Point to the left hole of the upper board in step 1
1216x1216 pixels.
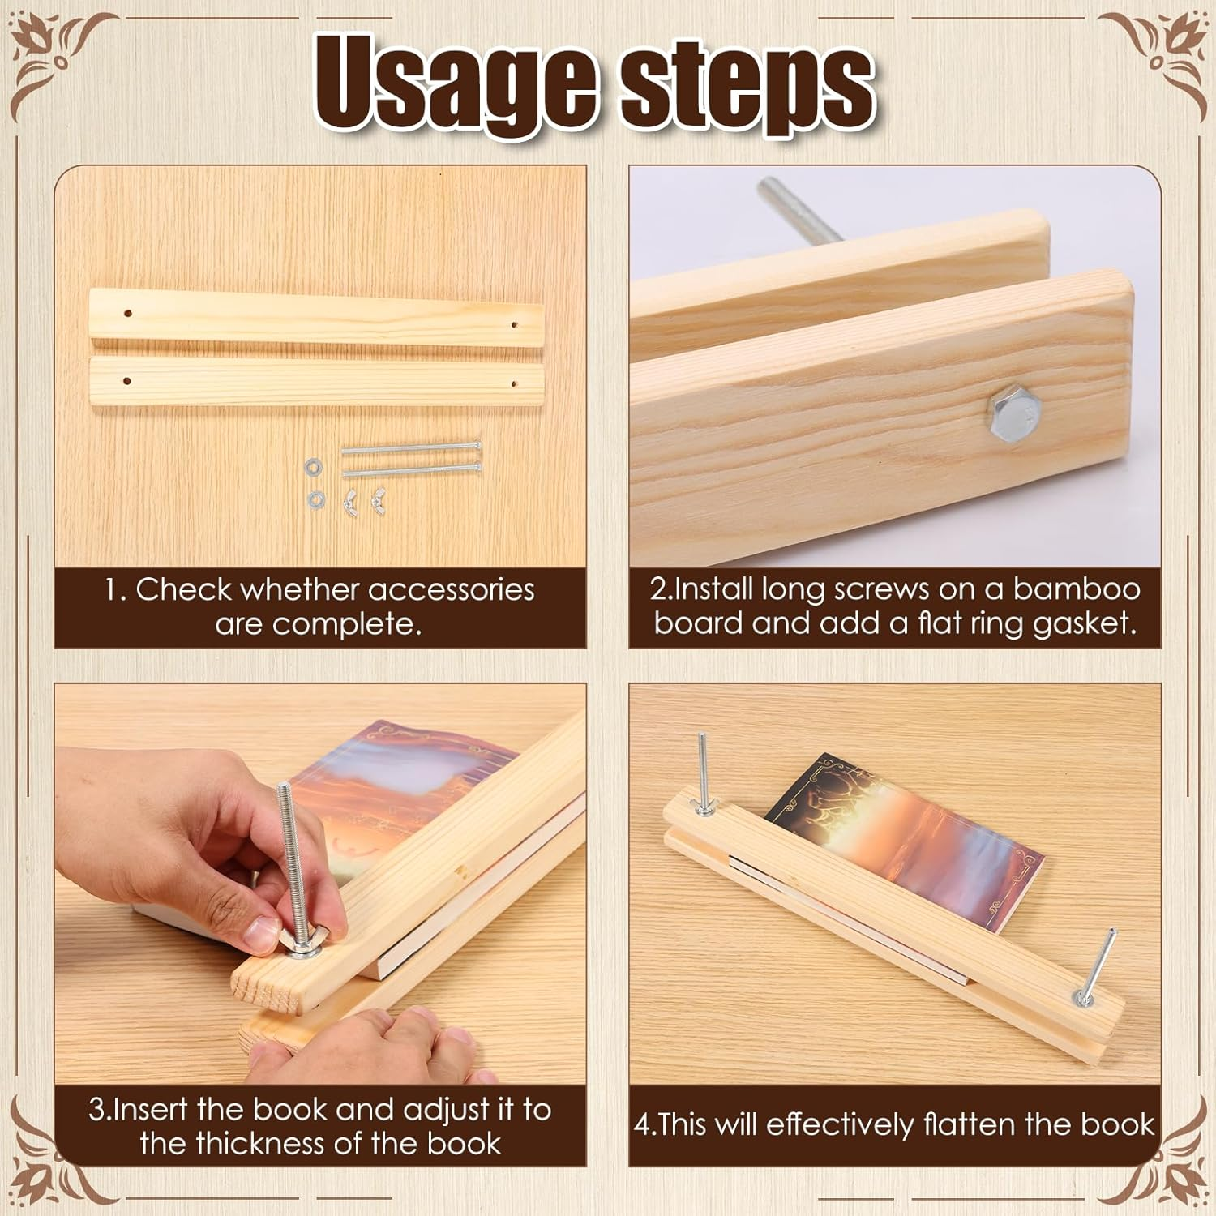(x=127, y=312)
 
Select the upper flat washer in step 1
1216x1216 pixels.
(x=314, y=467)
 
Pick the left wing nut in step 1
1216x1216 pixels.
(x=350, y=503)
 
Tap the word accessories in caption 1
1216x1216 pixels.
(x=451, y=589)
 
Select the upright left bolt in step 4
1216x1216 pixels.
(x=703, y=770)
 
